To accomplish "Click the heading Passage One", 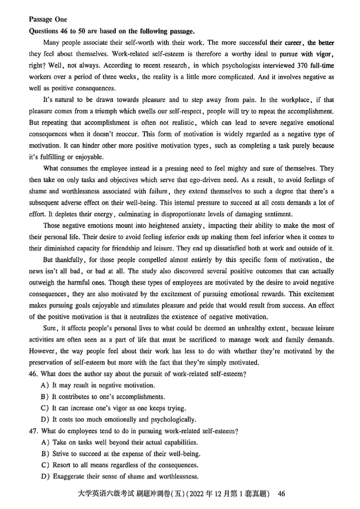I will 48,19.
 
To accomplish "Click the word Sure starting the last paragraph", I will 50,329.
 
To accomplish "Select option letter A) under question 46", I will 45,385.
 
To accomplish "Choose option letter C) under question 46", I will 45,408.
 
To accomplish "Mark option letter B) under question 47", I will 45,454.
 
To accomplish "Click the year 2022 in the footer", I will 191,494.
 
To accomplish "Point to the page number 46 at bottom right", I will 282,494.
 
